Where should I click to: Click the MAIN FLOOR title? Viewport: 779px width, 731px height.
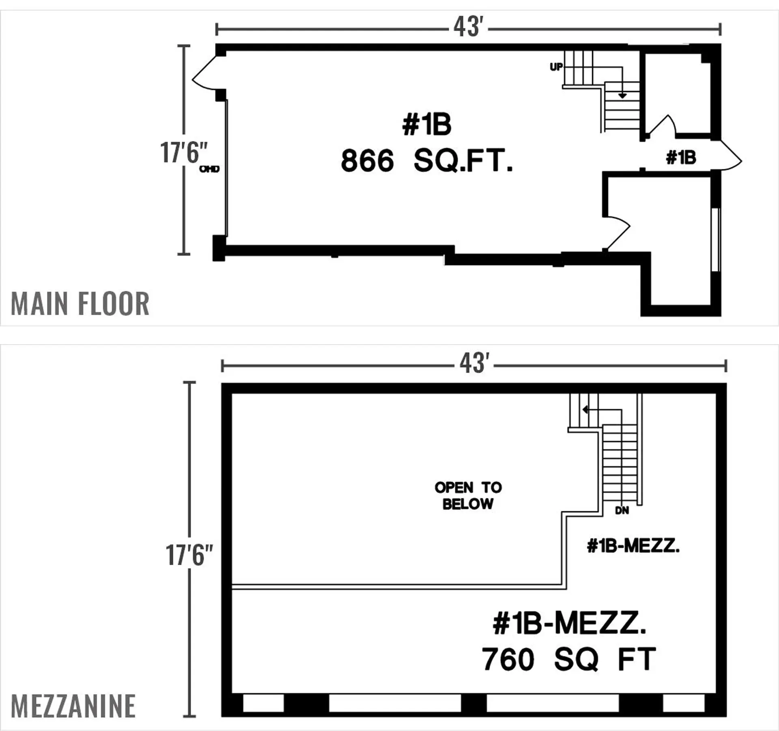(x=80, y=304)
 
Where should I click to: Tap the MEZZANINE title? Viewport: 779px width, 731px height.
(x=73, y=706)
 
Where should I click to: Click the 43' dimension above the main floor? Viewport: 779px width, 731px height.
(x=468, y=27)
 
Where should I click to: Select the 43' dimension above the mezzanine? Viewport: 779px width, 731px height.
(x=474, y=363)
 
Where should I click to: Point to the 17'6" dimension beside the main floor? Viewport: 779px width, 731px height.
(x=184, y=153)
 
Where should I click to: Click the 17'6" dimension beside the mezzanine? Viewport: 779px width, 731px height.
(x=189, y=555)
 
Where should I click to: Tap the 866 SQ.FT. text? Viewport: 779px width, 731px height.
(x=427, y=161)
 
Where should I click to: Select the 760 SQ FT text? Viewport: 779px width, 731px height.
(x=568, y=660)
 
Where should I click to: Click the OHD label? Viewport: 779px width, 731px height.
(x=209, y=169)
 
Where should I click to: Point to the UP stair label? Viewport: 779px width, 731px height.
(x=556, y=67)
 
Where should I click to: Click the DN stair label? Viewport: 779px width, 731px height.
(x=622, y=511)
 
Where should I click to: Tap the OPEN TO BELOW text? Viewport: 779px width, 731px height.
(x=468, y=496)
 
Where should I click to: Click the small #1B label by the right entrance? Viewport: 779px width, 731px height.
(x=681, y=157)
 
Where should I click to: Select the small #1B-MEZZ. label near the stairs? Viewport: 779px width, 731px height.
(x=633, y=546)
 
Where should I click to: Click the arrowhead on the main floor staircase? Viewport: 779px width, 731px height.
(x=622, y=96)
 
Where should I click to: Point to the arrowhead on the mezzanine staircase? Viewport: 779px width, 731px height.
(x=585, y=410)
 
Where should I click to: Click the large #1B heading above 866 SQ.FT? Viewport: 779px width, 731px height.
(x=427, y=125)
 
